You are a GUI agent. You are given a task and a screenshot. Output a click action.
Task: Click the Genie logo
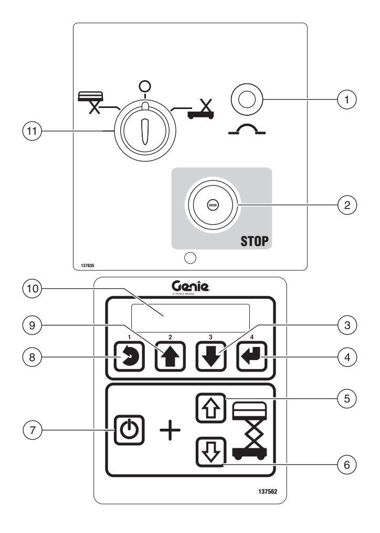pyautogui.click(x=190, y=286)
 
